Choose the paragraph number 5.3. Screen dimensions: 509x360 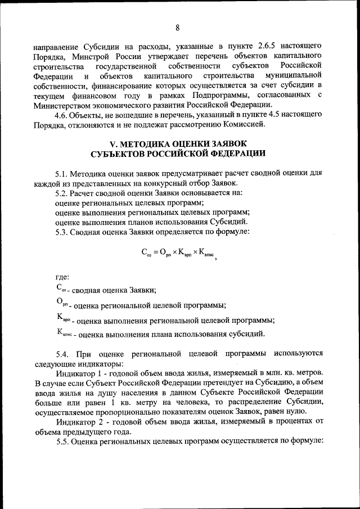click(62, 231)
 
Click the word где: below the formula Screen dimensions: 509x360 click(62, 277)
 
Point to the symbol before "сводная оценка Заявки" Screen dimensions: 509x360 click(61, 289)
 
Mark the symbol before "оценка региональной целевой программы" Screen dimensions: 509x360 click(62, 304)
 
